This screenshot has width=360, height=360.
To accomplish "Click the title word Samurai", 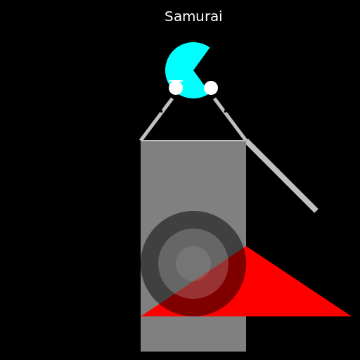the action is [193, 16].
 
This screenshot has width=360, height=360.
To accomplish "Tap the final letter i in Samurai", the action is [220, 16].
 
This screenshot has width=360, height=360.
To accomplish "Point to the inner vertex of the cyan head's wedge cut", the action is [193, 70].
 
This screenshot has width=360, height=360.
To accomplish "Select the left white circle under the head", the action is [176, 88].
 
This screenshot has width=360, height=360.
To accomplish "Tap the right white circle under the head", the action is [211, 88].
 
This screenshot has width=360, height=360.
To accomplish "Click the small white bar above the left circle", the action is [176, 81].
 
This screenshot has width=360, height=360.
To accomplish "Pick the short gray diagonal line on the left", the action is [157, 120].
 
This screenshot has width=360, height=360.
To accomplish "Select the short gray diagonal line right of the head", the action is [230, 120].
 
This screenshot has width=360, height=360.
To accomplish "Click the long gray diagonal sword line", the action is [281, 176].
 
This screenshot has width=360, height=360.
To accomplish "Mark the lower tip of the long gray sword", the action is [316, 211].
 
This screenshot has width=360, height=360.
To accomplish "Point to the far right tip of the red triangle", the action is [351, 316].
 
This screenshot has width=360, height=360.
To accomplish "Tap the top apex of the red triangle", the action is [246, 246].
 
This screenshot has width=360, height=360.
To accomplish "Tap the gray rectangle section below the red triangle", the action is [193, 334].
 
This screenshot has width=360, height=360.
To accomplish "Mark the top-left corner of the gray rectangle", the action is [141, 141].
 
